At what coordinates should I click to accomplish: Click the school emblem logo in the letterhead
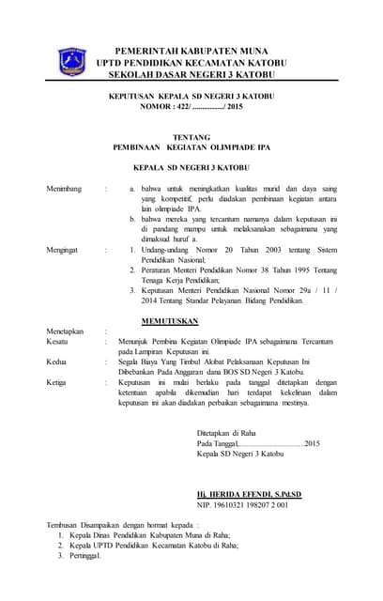(x=72, y=61)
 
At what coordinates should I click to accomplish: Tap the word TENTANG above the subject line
(x=194, y=138)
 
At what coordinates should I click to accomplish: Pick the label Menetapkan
(x=66, y=331)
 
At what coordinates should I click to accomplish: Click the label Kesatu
(x=58, y=343)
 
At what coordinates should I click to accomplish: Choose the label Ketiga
(x=58, y=383)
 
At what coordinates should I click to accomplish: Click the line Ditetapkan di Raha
(x=231, y=433)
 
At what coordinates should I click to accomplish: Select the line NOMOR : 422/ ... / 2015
(x=191, y=107)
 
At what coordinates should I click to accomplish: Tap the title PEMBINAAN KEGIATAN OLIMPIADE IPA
(x=193, y=148)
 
